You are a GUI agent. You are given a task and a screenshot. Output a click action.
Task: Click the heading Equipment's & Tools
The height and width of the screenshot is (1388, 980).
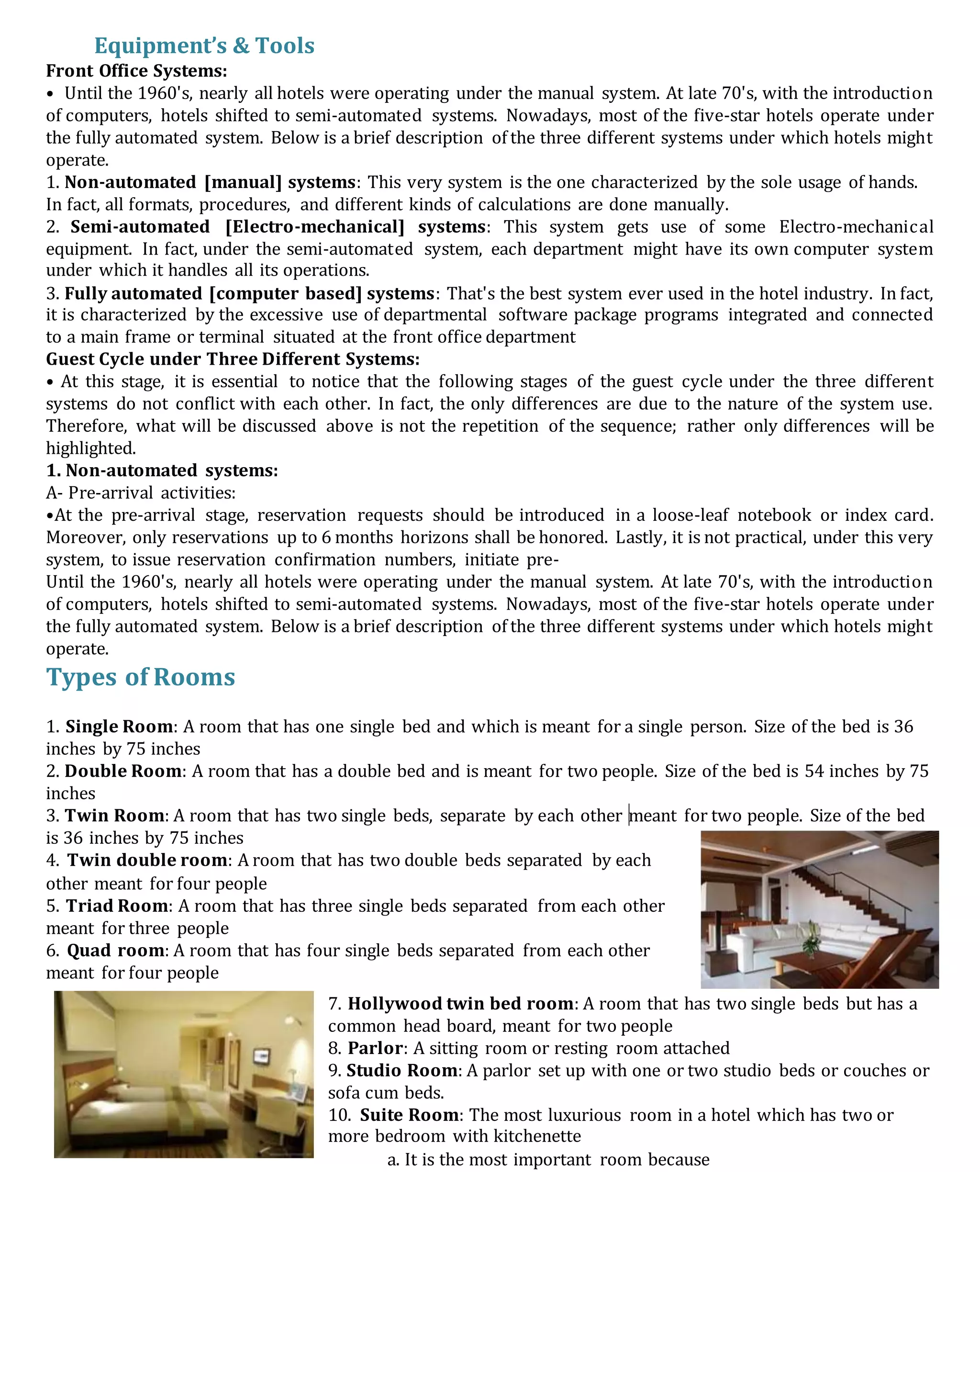pyautogui.click(x=204, y=46)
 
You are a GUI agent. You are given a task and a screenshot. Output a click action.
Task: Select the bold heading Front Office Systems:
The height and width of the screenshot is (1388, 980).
pyautogui.click(x=137, y=71)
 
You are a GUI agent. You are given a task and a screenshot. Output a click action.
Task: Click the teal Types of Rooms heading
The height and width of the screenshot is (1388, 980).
pyautogui.click(x=140, y=677)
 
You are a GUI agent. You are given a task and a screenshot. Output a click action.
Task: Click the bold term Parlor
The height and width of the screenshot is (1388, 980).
pyautogui.click(x=375, y=1048)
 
